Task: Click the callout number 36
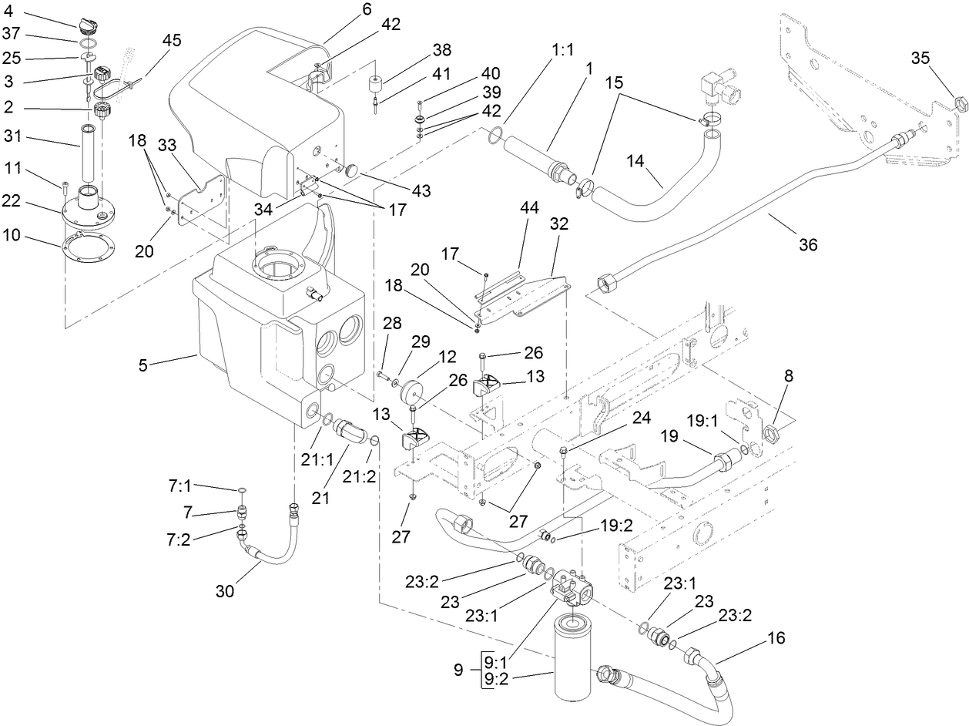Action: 808,244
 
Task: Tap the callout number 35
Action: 920,58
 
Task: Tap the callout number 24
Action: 642,418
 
